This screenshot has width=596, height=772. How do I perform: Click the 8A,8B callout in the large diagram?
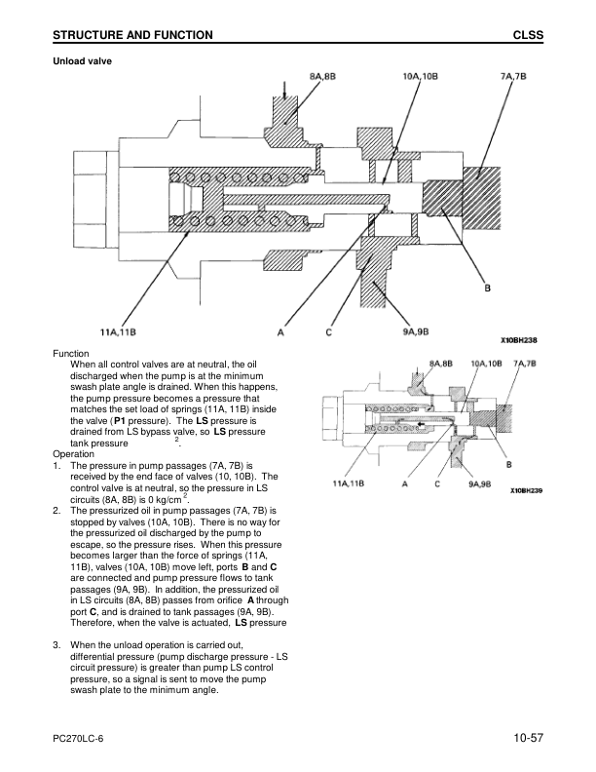(322, 76)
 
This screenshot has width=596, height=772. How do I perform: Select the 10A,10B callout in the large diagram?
(420, 76)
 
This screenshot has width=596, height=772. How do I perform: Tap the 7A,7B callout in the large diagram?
(513, 76)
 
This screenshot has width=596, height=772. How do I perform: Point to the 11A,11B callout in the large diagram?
(118, 331)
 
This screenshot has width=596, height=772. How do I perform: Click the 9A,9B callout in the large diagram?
(416, 331)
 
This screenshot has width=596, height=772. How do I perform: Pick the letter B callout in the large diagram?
(487, 288)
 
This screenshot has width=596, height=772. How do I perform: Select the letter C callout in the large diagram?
(328, 332)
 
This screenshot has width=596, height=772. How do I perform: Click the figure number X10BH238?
(519, 340)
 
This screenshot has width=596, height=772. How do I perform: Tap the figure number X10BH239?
(526, 491)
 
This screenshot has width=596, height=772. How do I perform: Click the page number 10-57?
(529, 738)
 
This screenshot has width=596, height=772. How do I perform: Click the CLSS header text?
(528, 35)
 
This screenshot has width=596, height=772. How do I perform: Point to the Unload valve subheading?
(82, 61)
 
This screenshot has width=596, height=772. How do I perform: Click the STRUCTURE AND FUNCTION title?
(132, 35)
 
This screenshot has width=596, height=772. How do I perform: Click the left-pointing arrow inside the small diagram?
(421, 423)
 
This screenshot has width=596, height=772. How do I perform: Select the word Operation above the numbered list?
(73, 454)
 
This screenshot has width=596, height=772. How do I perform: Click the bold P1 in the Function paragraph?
(120, 421)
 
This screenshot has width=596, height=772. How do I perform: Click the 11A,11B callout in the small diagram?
(349, 483)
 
